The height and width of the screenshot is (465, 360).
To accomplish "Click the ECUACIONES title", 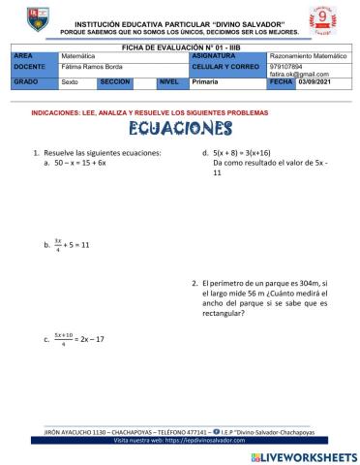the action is (x=179, y=130).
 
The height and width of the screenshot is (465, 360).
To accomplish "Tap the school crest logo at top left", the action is (x=34, y=20).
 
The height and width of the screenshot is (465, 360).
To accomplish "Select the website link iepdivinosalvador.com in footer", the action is (x=210, y=438).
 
